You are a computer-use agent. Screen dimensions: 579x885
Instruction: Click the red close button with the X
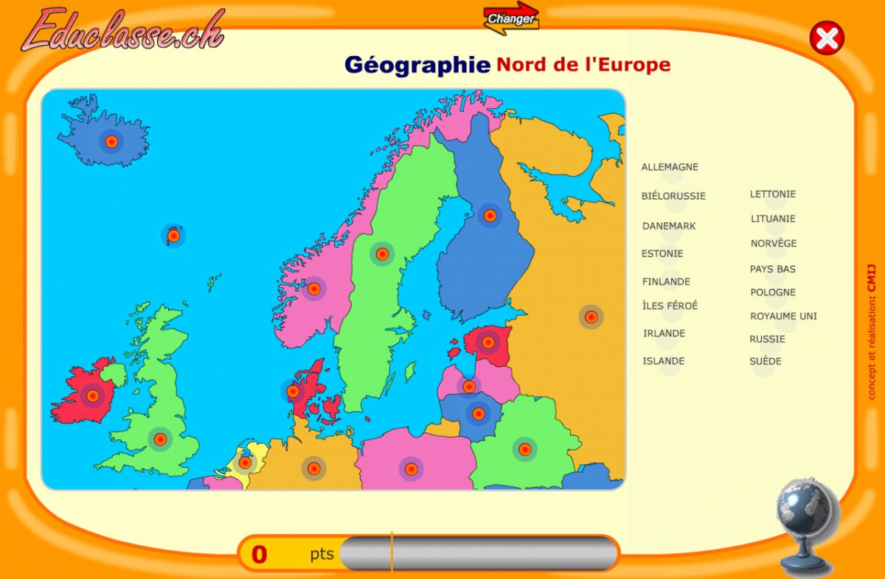(827, 38)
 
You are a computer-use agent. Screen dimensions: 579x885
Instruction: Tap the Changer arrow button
(511, 18)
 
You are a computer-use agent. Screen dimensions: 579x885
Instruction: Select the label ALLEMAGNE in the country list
(670, 167)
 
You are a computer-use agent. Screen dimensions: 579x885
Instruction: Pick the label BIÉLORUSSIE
(673, 196)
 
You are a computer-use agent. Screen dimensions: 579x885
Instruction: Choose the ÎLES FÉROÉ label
(670, 306)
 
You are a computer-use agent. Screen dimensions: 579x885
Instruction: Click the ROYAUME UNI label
(783, 317)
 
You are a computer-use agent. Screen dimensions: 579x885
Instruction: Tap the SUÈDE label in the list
(766, 361)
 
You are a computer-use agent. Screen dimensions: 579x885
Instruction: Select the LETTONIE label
(773, 194)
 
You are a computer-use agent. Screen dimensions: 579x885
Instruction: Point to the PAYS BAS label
(773, 270)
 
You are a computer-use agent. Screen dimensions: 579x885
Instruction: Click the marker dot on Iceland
(111, 141)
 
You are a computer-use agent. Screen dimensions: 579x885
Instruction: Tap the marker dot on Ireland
(93, 396)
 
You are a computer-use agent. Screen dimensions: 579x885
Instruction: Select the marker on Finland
(490, 215)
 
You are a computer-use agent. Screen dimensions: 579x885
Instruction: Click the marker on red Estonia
(487, 342)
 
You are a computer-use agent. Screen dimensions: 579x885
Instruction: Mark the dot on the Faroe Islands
(173, 236)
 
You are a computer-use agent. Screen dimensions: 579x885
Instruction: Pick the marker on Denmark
(293, 391)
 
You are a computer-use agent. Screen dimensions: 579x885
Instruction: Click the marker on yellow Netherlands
(245, 463)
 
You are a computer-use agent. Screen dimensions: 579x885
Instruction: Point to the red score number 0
(260, 554)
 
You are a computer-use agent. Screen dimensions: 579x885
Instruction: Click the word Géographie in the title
(417, 65)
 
